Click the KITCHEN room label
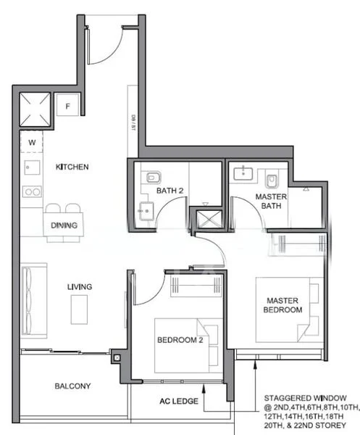coord(72,167)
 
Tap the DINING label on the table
coord(64,225)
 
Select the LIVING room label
coord(80,287)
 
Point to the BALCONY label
coord(72,386)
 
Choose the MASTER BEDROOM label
coord(283,305)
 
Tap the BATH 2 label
coord(170,191)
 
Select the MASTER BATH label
coord(271,202)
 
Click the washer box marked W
coord(32,142)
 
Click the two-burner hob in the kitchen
coord(31,192)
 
